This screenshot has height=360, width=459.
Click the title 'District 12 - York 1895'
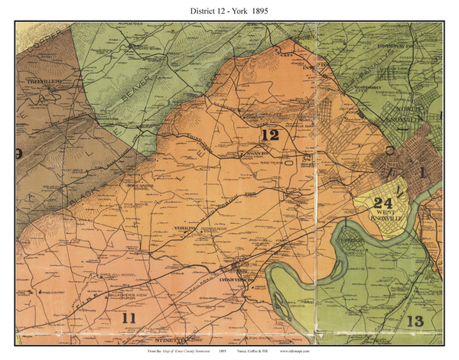click(229, 11)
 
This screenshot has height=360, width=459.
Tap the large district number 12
click(269, 135)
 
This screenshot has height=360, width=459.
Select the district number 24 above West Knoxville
click(382, 204)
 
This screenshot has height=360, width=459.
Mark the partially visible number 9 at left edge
click(18, 153)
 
